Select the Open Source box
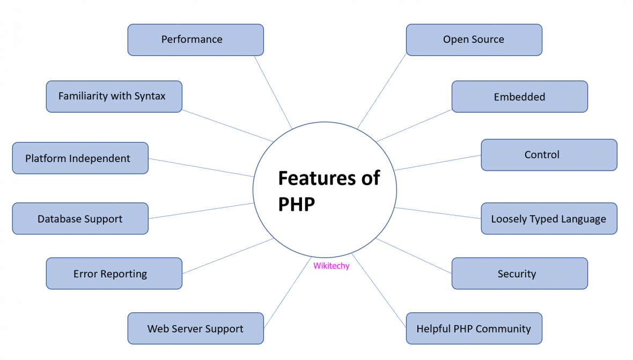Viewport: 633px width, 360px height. point(474,40)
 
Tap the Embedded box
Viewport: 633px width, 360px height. point(519,97)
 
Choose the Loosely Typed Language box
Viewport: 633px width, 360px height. point(549,218)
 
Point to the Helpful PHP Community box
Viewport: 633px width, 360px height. point(474,328)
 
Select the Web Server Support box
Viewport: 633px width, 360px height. point(195,328)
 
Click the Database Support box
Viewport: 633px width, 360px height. point(80,218)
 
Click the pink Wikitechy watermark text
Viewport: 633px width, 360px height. point(331,266)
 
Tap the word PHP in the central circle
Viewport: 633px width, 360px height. point(296,204)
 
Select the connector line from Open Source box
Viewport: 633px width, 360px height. point(382,91)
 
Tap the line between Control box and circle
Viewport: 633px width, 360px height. point(437,163)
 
